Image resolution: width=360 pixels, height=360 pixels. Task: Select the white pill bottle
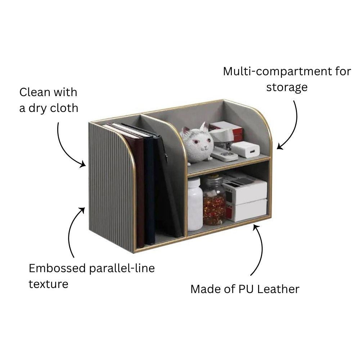[195, 204]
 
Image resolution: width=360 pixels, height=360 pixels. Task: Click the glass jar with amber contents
[214, 200]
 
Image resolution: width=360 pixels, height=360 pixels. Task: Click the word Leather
[278, 289]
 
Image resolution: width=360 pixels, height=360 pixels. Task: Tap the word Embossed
[57, 268]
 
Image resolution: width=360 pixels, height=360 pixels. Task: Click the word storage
[287, 87]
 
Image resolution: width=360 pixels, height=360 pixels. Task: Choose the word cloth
[64, 108]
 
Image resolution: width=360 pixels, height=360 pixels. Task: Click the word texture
[49, 284]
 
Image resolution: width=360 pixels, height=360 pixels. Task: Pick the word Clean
[35, 92]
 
